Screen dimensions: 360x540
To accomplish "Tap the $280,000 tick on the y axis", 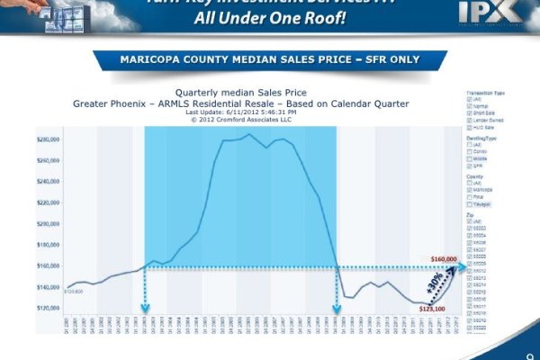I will [x=49, y=140].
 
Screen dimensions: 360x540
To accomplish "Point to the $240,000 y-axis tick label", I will [x=49, y=182].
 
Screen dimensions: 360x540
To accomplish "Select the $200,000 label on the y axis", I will [x=49, y=224].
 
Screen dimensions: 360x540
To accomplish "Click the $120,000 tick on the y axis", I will [x=49, y=308].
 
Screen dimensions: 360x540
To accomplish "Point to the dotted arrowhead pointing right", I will [x=463, y=266].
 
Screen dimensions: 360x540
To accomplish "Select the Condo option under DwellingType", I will [x=469, y=151].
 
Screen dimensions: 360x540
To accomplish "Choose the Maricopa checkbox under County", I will [x=469, y=189].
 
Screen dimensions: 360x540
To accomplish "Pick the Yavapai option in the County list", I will [x=469, y=203].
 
